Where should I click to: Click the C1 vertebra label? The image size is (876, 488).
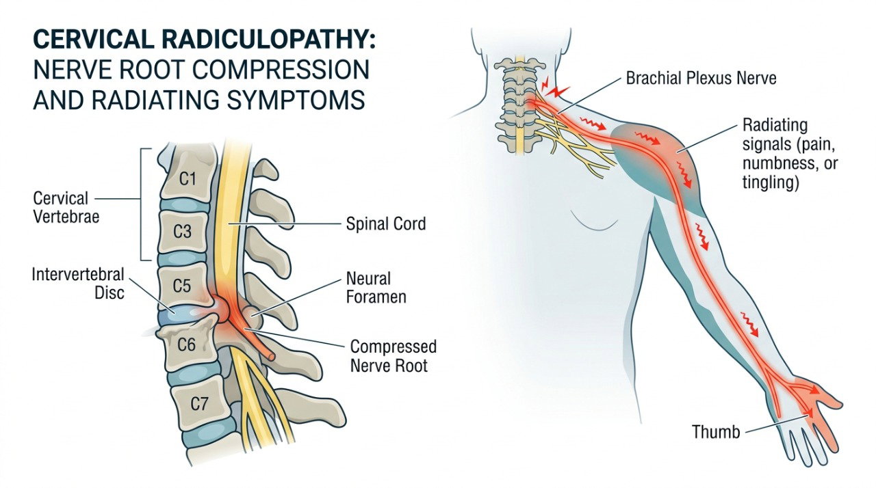[x=188, y=179]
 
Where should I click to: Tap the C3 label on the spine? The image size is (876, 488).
[x=182, y=232]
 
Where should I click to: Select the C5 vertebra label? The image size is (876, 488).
[x=182, y=286]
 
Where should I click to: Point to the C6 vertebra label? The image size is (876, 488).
[x=186, y=344]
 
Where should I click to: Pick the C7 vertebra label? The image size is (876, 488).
[x=199, y=403]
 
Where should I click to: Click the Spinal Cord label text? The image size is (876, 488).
[x=386, y=224]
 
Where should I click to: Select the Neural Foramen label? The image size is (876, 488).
[x=376, y=288]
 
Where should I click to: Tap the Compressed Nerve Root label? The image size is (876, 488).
[x=394, y=356]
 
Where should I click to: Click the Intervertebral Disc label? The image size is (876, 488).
[x=78, y=283]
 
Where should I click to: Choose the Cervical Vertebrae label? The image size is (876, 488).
[x=66, y=207]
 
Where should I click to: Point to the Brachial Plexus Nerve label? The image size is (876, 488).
[x=701, y=78]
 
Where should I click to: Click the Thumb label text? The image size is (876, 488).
[x=716, y=432]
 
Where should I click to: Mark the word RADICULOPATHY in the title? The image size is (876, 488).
[x=265, y=40]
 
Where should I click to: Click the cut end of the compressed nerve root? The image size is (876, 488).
[x=270, y=356]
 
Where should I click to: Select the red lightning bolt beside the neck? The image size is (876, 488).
[x=556, y=92]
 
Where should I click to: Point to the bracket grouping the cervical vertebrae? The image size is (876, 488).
[x=141, y=204]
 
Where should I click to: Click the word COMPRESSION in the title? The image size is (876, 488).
[x=281, y=70]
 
